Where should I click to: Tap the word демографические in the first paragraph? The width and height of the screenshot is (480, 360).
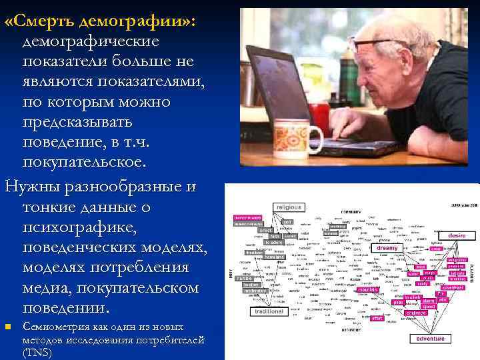pos(91,41)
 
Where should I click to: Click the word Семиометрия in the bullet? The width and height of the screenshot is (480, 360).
pos(55,327)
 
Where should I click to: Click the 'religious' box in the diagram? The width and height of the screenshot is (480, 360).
pos(287,207)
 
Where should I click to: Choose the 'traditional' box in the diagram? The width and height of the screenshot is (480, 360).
pos(269,311)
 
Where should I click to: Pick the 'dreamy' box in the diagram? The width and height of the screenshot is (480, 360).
pos(387,248)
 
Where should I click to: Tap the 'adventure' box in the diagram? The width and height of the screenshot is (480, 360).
pos(430,339)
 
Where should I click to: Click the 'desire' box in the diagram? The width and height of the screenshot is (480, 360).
pos(457,235)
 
